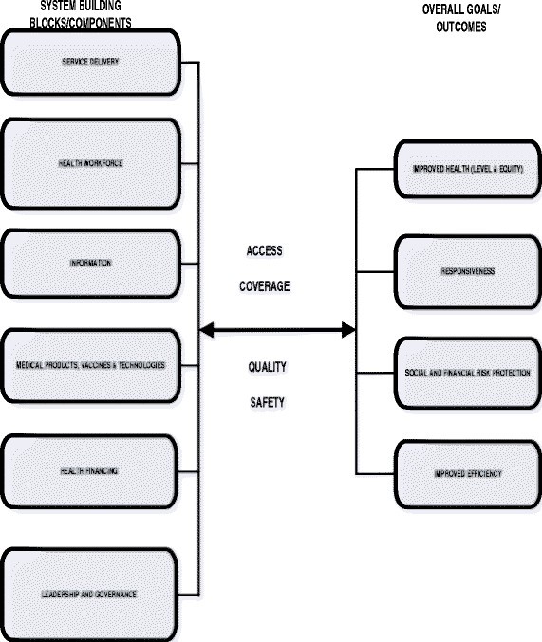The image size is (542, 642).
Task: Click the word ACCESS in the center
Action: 264,251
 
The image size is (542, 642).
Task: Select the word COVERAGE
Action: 265,284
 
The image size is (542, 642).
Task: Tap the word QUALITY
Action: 267,367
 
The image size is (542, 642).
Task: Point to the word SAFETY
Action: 267,401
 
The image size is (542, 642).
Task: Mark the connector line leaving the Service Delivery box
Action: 190,64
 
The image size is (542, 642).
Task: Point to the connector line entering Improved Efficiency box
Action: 375,473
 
